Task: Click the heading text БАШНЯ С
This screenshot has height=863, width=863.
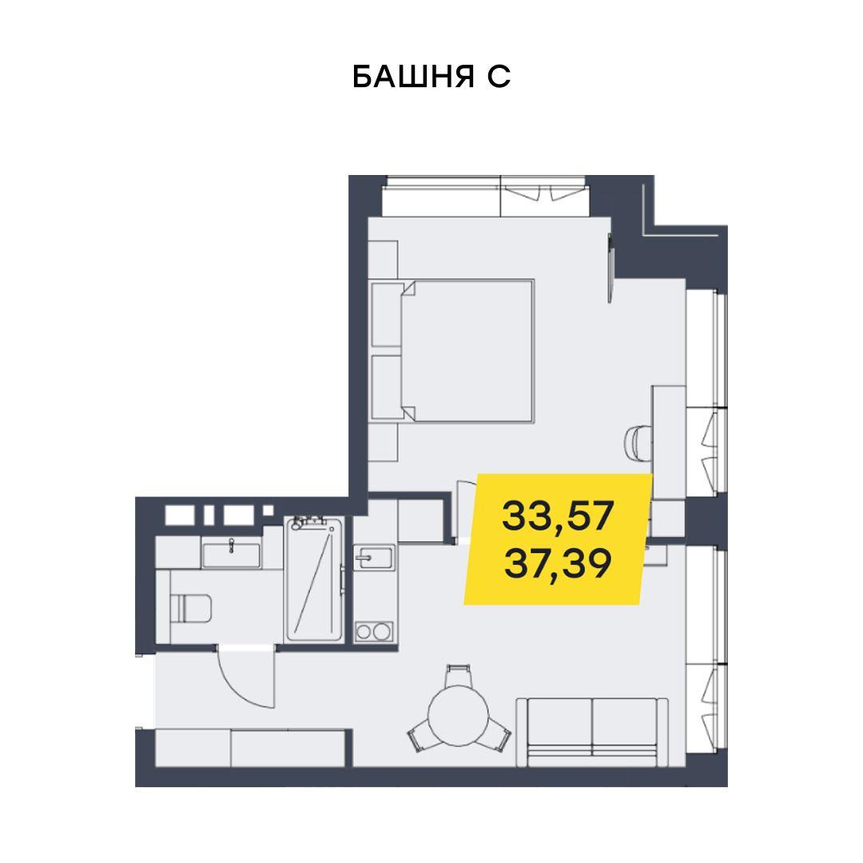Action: pos(431,77)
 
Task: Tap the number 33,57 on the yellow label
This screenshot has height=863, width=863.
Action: pos(558,515)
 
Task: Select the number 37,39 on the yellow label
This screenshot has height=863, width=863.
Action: pos(558,563)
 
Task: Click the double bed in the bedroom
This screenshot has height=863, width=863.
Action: pos(452,351)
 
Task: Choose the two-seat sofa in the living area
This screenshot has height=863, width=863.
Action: pos(592,732)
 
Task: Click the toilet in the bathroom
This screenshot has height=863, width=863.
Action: pos(190,608)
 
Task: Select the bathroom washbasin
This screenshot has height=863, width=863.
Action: pos(231,555)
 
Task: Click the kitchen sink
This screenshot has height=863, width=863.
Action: pos(374,558)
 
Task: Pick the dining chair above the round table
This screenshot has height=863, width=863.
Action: pos(458,675)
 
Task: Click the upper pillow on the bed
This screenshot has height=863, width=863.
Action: pos(388,314)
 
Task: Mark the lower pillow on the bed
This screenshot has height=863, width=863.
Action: pos(388,387)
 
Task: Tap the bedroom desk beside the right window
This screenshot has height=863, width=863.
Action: pos(668,443)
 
